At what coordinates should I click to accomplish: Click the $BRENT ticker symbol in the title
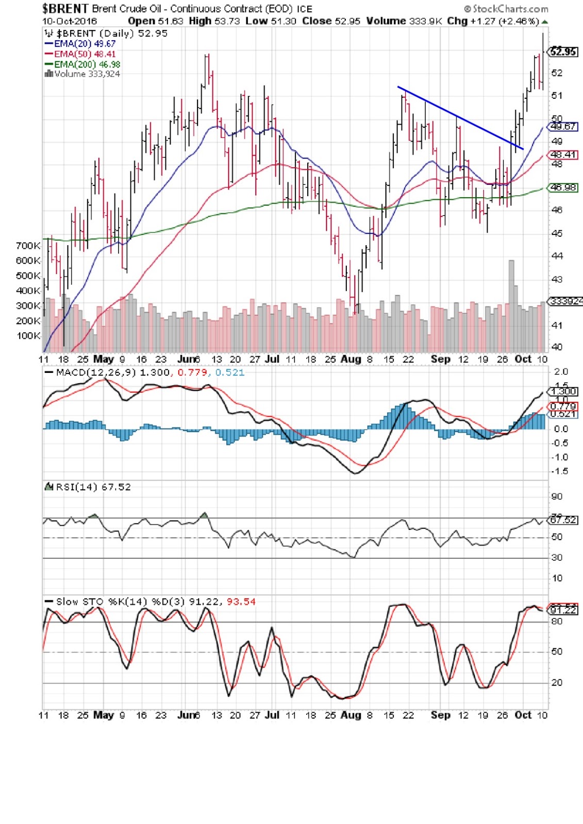[x=65, y=8]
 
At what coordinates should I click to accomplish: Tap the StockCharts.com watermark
[x=506, y=9]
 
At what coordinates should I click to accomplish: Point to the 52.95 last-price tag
[x=563, y=51]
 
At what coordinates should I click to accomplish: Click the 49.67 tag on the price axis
[x=563, y=126]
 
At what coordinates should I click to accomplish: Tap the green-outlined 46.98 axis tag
[x=563, y=187]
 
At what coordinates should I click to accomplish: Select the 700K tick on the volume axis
[x=28, y=246]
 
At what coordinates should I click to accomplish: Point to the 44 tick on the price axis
[x=557, y=256]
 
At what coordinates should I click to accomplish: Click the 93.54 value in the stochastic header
[x=241, y=602]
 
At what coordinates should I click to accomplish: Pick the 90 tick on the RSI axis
[x=557, y=496]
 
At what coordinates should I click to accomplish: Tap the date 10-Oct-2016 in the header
[x=69, y=21]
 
